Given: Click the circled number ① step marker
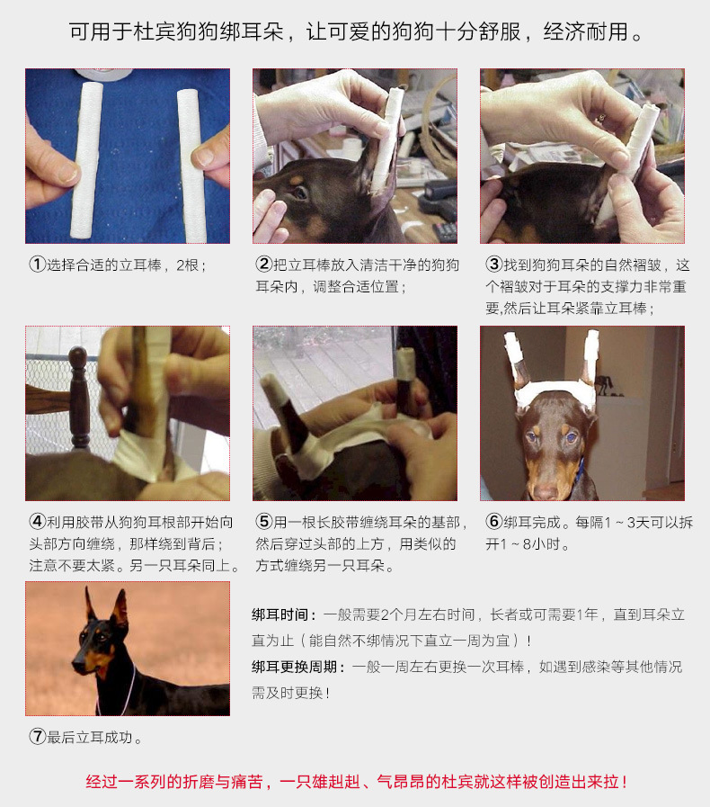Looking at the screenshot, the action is pyautogui.click(x=38, y=265).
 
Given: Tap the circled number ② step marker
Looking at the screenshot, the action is pyautogui.click(x=263, y=265).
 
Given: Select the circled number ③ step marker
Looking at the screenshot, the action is pyautogui.click(x=493, y=265).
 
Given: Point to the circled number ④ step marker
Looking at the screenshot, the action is pyautogui.click(x=38, y=522).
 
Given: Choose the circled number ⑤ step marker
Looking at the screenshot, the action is pyautogui.click(x=263, y=522).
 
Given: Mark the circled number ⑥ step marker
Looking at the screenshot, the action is pyautogui.click(x=493, y=522).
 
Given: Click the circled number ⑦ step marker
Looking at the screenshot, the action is pyautogui.click(x=38, y=737).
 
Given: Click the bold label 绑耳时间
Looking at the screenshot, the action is pyautogui.click(x=280, y=614).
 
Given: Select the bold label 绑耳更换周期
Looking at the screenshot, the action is pyautogui.click(x=295, y=667).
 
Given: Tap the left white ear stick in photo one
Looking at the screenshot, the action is pyautogui.click(x=87, y=160).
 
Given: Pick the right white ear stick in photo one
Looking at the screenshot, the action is pyautogui.click(x=191, y=166).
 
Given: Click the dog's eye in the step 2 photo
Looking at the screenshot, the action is pyautogui.click(x=301, y=193).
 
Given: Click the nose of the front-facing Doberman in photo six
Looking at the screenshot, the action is pyautogui.click(x=546, y=492).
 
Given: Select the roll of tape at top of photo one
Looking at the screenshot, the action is pyautogui.click(x=104, y=74).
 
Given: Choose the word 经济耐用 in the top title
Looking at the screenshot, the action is pyautogui.click(x=586, y=31).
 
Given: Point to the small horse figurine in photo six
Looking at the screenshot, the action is pyautogui.click(x=604, y=385).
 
